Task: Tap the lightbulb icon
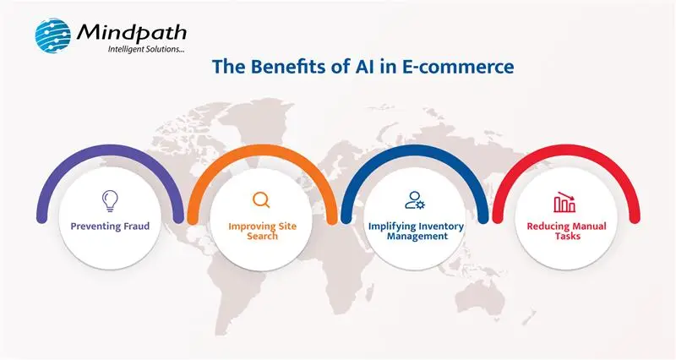point(109,200)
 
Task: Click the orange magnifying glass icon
point(261,200)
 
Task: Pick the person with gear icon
point(414,200)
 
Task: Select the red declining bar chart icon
point(564,203)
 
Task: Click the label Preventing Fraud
point(109,227)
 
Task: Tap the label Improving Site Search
point(261,232)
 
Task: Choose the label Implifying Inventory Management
point(414,232)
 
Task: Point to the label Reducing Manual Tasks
point(564,232)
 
